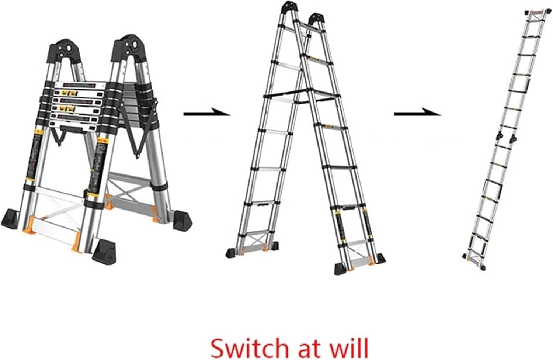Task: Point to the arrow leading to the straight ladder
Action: (x=417, y=113)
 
